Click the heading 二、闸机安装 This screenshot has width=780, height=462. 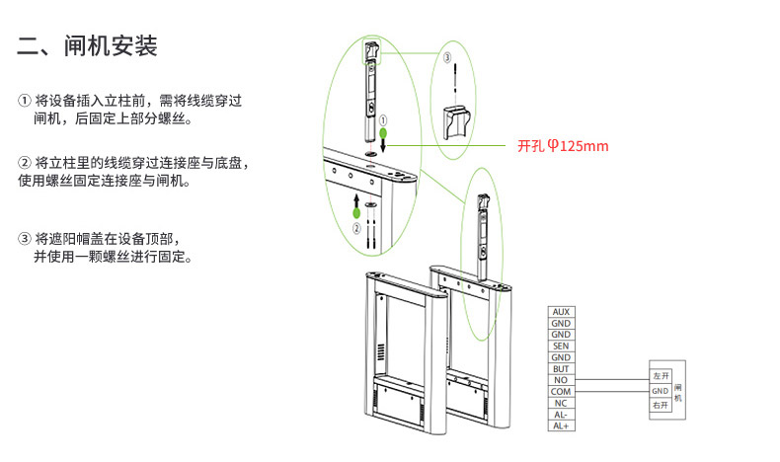[88, 46]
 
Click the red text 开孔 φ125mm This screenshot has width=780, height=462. [563, 146]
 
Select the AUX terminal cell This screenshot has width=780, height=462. [561, 312]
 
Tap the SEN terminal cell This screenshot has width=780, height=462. [561, 346]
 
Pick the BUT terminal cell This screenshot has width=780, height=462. [561, 369]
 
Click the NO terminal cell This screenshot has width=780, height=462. [561, 380]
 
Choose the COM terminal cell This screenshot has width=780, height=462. [561, 391]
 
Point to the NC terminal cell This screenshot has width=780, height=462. [561, 403]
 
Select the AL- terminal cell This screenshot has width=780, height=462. [561, 415]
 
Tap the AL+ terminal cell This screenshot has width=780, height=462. [561, 425]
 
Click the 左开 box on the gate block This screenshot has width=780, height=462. [661, 376]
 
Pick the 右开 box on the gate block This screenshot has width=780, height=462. [661, 406]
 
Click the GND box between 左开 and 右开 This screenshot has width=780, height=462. [661, 391]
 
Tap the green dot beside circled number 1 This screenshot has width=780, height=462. [383, 133]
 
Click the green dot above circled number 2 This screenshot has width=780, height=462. [356, 213]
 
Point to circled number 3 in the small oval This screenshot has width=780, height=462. [446, 57]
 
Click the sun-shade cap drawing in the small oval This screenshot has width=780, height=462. [457, 122]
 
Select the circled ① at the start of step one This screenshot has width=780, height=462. [25, 101]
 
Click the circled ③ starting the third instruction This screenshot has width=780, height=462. [25, 239]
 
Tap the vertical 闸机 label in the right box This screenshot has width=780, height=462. [678, 392]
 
